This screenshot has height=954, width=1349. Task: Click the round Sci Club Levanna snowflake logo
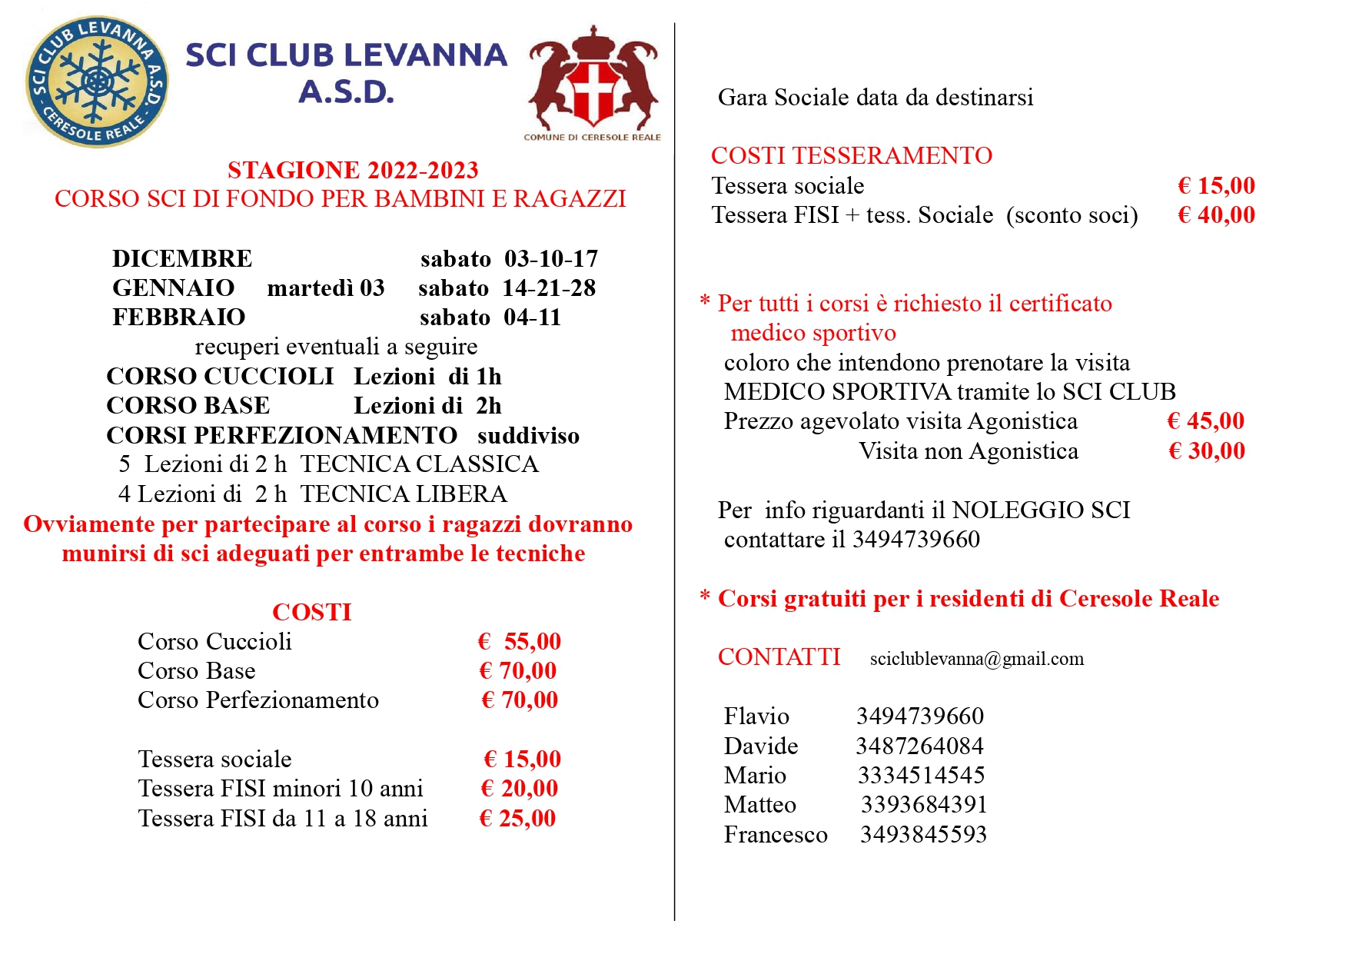point(97,81)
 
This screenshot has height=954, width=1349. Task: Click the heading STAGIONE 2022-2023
point(353,170)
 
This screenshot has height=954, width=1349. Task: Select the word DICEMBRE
point(182,258)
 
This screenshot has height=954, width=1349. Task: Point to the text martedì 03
point(326,288)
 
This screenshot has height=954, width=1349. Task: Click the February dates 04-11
point(533,317)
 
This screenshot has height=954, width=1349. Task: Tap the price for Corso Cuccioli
point(520,641)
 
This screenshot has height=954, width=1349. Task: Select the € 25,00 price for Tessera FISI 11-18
point(517,818)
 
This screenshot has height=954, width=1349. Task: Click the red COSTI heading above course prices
point(311,612)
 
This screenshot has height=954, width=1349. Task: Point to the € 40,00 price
point(1216,215)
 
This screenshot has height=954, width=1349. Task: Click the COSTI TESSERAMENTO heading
point(852,155)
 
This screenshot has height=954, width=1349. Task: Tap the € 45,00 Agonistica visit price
point(1205,421)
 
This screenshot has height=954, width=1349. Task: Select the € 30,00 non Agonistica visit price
point(1206,451)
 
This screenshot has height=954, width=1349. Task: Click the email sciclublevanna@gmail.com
point(977,659)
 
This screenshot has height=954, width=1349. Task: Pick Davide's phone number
point(919,746)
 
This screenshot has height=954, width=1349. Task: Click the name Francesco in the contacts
point(776,835)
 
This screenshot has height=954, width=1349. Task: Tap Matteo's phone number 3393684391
point(923,805)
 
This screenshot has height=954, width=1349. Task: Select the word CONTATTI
point(779,657)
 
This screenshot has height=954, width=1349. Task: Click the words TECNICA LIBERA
point(404,494)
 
